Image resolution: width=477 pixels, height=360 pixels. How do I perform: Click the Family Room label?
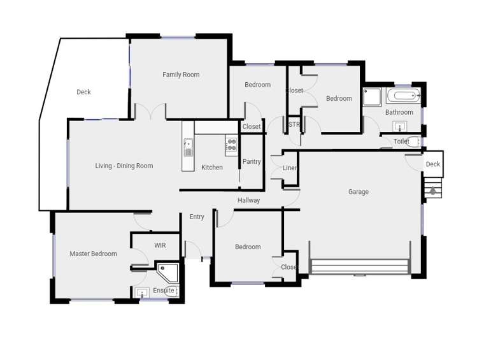coord(181,75)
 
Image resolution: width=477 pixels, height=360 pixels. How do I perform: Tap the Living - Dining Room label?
coord(124,166)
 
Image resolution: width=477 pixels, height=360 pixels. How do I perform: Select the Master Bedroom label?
coord(93,254)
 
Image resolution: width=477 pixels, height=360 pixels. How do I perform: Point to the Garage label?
coord(358,192)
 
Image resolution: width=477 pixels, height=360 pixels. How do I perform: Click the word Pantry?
coord(252,162)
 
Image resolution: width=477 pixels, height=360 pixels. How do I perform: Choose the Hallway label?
coord(248,200)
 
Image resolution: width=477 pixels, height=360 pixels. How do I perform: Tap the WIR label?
coord(160,245)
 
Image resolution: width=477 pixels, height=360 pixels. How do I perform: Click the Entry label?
coord(197,217)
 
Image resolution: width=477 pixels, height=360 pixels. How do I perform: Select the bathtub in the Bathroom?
coord(404,97)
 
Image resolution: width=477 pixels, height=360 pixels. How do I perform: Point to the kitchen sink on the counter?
coord(188,148)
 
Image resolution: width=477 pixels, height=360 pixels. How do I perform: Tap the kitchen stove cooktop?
coord(231,147)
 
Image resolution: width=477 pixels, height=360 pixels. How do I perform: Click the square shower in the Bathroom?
coord(372,97)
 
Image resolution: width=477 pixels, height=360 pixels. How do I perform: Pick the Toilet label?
coord(401,141)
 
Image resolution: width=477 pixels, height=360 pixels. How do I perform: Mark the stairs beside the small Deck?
coord(433,189)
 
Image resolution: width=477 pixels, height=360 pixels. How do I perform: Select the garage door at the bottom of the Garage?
coord(360,266)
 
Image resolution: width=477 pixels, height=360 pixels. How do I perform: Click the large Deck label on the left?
coord(83,92)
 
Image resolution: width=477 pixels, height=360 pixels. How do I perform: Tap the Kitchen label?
coord(212,168)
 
